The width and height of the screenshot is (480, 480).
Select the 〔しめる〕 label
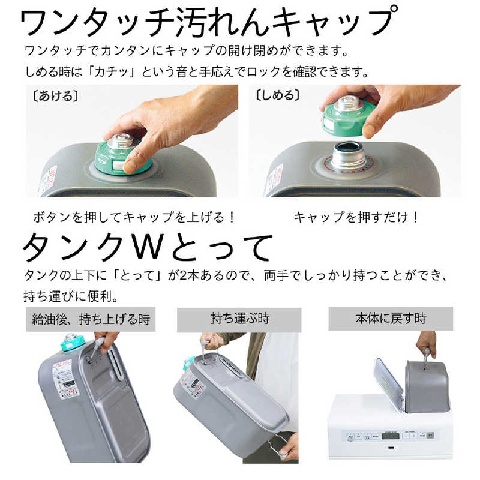tap(277, 95)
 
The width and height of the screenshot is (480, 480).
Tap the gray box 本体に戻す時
tap(389, 318)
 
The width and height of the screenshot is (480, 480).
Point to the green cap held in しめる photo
tap(349, 114)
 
